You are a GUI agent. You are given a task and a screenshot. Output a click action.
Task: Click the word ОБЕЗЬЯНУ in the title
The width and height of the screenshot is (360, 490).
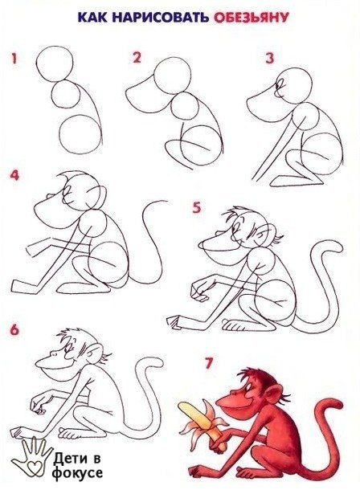(251, 18)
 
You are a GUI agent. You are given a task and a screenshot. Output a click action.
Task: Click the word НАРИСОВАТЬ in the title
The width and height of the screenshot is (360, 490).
(160, 17)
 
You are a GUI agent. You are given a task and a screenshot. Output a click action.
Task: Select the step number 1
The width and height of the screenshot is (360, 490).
(14, 59)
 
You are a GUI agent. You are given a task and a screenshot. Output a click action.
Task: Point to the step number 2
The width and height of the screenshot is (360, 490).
(137, 58)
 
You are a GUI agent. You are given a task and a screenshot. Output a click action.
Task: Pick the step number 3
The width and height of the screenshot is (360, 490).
(270, 59)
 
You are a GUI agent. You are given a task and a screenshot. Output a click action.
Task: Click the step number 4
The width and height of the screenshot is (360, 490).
(14, 175)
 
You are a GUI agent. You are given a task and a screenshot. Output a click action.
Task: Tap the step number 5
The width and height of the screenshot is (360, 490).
(196, 207)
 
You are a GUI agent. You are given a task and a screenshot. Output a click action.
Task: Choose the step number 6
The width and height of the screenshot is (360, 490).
(14, 330)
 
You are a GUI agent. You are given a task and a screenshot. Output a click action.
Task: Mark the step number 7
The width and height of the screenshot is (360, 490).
(209, 363)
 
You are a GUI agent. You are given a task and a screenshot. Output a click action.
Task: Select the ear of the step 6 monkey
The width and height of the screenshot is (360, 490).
(94, 352)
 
